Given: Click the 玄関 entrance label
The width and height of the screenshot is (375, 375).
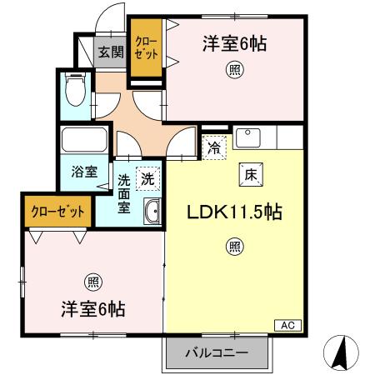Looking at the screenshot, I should (110, 53).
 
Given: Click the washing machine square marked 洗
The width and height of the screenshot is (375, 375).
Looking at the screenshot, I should (147, 177).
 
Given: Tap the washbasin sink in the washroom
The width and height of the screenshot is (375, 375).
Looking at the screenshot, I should (152, 212).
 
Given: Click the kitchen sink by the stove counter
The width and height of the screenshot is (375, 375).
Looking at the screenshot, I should (247, 137).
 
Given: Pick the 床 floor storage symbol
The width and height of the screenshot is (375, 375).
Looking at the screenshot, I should (251, 174).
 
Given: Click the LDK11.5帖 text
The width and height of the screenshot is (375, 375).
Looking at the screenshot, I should (233, 212).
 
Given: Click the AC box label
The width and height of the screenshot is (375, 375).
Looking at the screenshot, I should (286, 325).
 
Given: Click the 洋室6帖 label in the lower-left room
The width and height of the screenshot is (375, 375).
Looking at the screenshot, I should (92, 309).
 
